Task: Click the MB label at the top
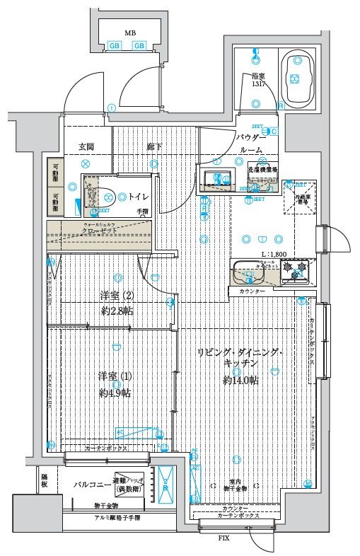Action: click(129, 33)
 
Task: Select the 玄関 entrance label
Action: click(86, 146)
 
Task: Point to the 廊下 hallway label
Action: click(155, 146)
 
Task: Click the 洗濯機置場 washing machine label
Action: click(262, 170)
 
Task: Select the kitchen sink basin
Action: click(247, 271)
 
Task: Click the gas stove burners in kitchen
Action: click(295, 269)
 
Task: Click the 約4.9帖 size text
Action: click(114, 393)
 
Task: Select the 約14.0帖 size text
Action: click(240, 380)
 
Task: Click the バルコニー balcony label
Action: click(91, 485)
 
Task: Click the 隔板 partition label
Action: click(44, 482)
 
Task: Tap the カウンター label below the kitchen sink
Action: click(252, 291)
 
